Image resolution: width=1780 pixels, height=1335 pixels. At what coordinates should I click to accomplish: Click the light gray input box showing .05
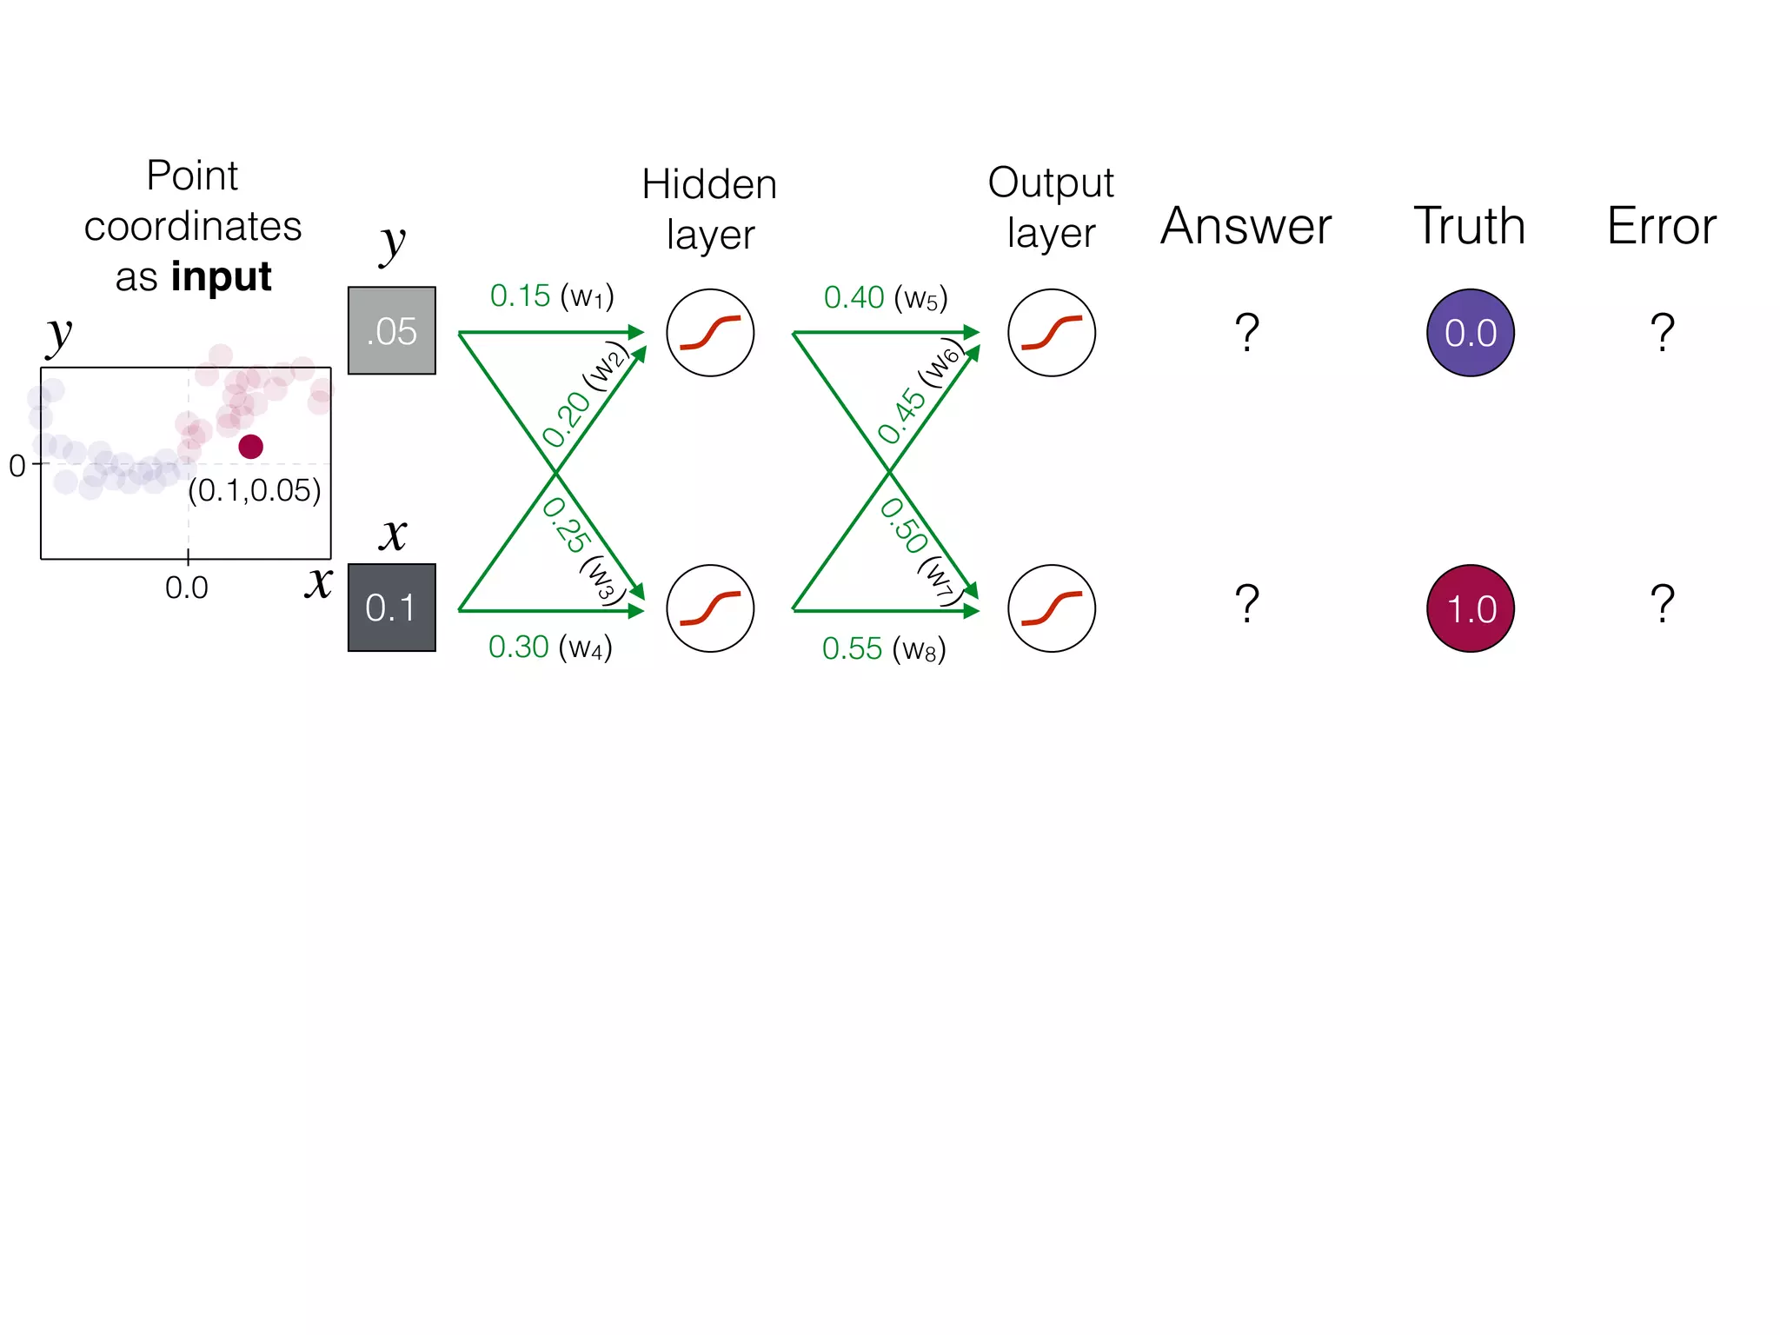[391, 330]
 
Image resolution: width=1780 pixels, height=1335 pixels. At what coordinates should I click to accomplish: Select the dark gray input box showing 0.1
[391, 608]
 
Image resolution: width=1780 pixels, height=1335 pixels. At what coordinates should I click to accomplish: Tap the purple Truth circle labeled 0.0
[1470, 333]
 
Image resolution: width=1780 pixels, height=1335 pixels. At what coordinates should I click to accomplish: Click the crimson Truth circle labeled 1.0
[1470, 608]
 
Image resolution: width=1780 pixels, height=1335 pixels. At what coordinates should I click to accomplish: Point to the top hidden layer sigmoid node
[710, 333]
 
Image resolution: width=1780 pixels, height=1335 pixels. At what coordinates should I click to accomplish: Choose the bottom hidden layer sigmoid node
[710, 608]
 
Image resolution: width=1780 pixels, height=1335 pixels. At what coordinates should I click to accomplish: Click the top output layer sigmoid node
[1051, 333]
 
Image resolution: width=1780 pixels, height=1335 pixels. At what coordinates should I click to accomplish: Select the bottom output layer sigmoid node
[1051, 608]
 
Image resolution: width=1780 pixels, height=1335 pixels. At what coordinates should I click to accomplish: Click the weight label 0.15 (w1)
[552, 296]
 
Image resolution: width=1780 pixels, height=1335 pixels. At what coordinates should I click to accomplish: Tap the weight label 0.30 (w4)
[550, 648]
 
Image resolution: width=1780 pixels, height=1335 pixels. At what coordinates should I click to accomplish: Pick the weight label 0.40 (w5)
[885, 298]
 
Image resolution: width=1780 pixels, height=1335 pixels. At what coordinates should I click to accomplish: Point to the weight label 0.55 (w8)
[883, 649]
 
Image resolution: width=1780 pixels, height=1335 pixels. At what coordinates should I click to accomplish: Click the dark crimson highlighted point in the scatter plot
[251, 447]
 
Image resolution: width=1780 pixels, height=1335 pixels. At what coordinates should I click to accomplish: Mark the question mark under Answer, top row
[1247, 332]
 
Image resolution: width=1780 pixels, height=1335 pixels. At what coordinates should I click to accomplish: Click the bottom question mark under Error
[1662, 603]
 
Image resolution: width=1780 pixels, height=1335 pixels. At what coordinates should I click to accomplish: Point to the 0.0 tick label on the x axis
[187, 588]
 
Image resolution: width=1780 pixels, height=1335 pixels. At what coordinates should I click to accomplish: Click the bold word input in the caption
[221, 277]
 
